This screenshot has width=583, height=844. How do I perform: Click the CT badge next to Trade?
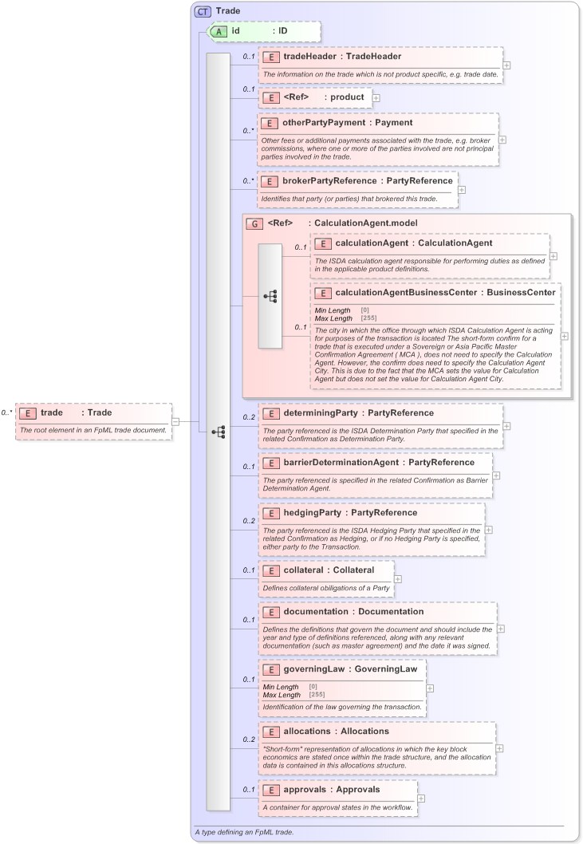click(x=203, y=12)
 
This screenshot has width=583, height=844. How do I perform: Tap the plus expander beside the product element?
click(x=376, y=97)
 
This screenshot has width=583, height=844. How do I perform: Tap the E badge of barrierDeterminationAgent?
click(x=270, y=463)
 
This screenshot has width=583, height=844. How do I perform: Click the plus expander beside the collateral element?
click(x=398, y=580)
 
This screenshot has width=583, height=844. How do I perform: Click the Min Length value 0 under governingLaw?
click(x=313, y=687)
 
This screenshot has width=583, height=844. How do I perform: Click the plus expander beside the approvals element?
click(x=421, y=799)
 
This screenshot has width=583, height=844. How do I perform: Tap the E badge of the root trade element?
click(x=28, y=413)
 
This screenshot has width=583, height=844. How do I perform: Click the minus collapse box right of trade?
click(x=175, y=421)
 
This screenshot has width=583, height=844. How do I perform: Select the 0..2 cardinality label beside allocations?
click(x=249, y=739)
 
